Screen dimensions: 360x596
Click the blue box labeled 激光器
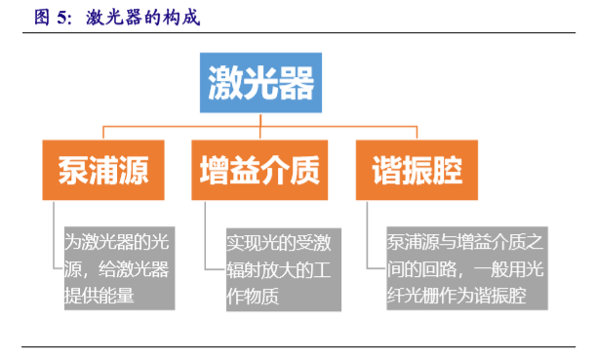click(x=261, y=83)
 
